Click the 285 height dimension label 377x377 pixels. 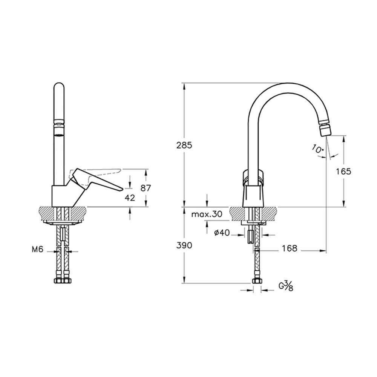pyautogui.click(x=184, y=146)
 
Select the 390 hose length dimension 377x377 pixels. pyautogui.click(x=184, y=245)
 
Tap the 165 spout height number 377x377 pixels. pyautogui.click(x=343, y=172)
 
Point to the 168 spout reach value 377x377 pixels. pyautogui.click(x=290, y=248)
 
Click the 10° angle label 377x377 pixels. pyautogui.click(x=318, y=149)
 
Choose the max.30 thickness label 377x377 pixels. pyautogui.click(x=207, y=214)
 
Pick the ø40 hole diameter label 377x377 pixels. pyautogui.click(x=222, y=233)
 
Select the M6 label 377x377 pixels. pyautogui.click(x=37, y=250)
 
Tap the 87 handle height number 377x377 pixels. pyautogui.click(x=146, y=188)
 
